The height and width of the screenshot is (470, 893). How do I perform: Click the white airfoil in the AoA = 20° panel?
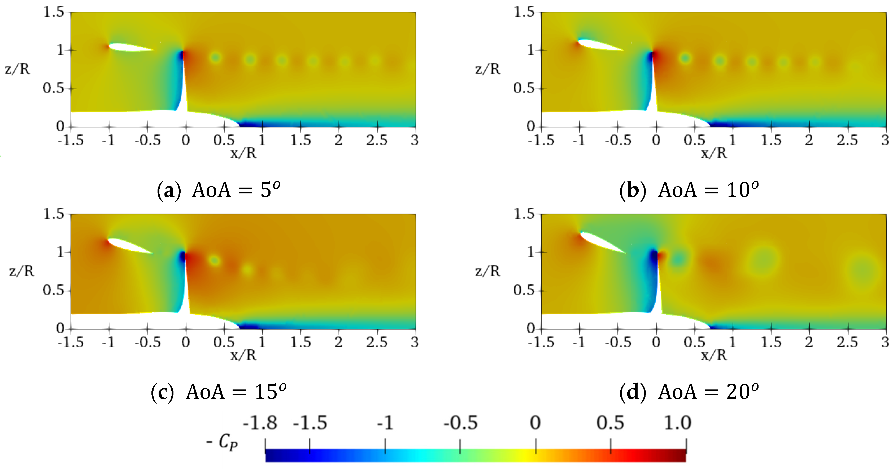click(x=602, y=243)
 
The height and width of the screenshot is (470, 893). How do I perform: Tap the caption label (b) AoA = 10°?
click(x=689, y=190)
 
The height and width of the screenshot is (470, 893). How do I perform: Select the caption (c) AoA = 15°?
click(x=218, y=392)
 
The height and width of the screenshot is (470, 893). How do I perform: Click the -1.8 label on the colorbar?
click(x=260, y=423)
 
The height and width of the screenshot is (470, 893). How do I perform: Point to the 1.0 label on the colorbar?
click(x=677, y=423)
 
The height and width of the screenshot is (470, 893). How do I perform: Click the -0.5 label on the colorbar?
click(x=460, y=423)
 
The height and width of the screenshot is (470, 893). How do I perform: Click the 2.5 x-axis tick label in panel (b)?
click(x=847, y=140)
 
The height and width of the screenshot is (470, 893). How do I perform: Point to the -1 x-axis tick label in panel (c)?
click(x=108, y=342)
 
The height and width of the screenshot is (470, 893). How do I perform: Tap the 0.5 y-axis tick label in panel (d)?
click(x=524, y=290)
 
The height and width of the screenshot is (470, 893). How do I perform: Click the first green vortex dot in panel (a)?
click(x=216, y=57)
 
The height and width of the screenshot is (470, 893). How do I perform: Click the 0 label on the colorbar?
click(x=535, y=423)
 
